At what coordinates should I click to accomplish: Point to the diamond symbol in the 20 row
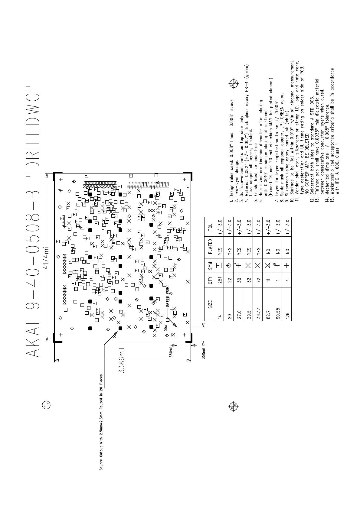click(229, 265)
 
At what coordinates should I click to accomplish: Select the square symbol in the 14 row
click(220, 265)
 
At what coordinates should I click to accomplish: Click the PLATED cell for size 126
click(287, 250)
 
